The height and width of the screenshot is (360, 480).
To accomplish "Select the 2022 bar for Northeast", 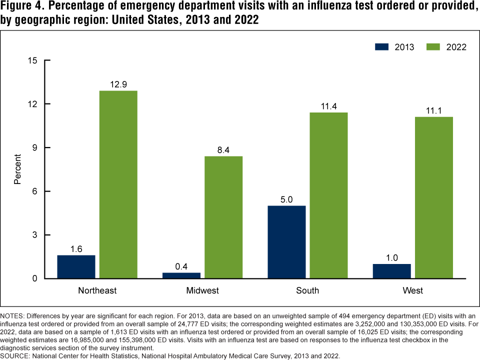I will pos(118,184).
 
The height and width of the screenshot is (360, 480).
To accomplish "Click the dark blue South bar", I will pos(286,242).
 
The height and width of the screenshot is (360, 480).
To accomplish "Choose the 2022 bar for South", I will pos(328,195).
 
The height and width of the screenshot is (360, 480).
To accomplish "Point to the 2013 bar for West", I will pos(392,271).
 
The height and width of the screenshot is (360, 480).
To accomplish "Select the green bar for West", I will pos(434,197).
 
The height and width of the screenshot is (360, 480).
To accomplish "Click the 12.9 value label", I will pos(118,83).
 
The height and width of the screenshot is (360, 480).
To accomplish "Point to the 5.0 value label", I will pos(286,198).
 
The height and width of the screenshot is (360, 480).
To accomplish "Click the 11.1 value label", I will pos(434,109).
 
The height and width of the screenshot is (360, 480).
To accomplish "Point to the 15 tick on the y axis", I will pos(34,60).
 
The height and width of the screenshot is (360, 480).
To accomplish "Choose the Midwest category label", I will pos(202,290).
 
